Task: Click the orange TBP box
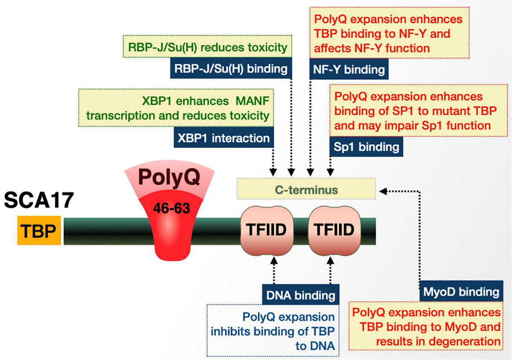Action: click(x=39, y=230)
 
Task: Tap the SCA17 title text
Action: click(x=39, y=200)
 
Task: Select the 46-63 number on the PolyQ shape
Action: click(x=171, y=208)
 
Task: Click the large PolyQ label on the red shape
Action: click(x=169, y=177)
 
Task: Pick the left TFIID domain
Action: click(x=266, y=229)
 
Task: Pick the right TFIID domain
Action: click(x=334, y=229)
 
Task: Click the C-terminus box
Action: click(x=306, y=189)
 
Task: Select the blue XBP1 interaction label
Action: click(x=223, y=138)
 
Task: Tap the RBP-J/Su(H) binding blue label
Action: click(x=231, y=69)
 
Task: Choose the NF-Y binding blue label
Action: click(x=349, y=69)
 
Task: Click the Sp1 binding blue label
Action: click(x=366, y=146)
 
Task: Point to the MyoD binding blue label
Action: click(x=461, y=291)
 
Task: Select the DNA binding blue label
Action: click(x=301, y=295)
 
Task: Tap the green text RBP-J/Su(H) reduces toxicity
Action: click(x=208, y=47)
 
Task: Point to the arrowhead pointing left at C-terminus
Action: click(x=382, y=191)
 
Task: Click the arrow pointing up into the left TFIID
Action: click(x=274, y=261)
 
